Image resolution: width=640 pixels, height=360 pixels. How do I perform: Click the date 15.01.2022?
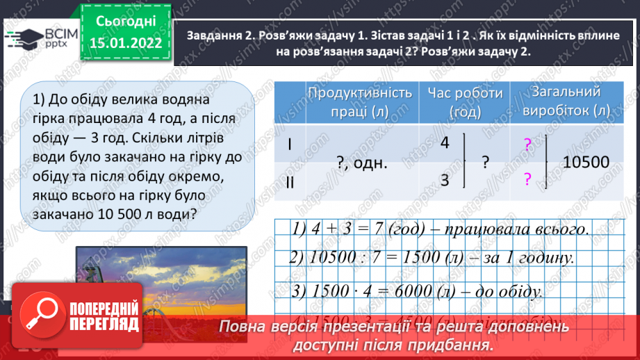(125, 43)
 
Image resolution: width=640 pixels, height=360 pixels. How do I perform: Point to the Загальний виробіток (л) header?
(564, 101)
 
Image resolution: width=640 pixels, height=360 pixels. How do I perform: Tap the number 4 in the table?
(445, 142)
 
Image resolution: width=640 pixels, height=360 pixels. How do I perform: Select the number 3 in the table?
(445, 181)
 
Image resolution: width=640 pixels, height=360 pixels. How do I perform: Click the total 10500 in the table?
(586, 163)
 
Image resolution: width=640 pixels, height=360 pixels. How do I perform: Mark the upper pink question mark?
(527, 145)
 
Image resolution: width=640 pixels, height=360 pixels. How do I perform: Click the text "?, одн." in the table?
(361, 163)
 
